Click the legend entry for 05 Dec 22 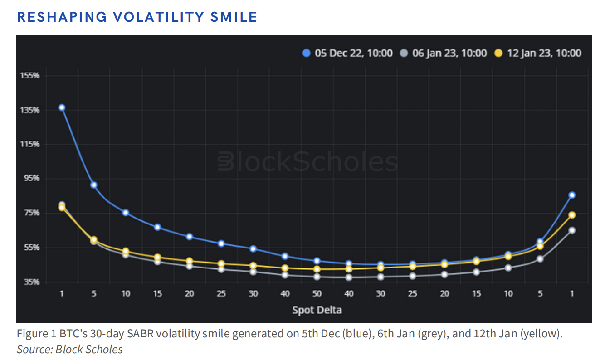(347, 53)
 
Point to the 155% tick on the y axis (30, 76)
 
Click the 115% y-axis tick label (30, 144)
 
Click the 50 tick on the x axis (317, 293)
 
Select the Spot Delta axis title (317, 310)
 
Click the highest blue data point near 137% (62, 107)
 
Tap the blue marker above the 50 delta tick (317, 261)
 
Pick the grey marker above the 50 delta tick (317, 277)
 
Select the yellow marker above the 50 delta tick (317, 269)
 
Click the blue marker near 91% (93, 185)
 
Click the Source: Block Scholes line (69, 350)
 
